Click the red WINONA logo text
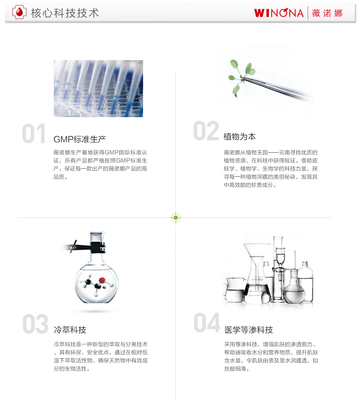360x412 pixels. point(279,13)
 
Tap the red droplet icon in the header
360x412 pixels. point(19,12)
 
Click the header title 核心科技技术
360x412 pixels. point(65,13)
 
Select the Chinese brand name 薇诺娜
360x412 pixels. point(327,13)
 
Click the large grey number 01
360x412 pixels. point(34,134)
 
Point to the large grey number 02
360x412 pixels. point(206,131)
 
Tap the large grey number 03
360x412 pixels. point(36,324)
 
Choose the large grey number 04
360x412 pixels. point(207,322)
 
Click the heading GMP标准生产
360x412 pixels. point(80,139)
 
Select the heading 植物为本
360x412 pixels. point(239,137)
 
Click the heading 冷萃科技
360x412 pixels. point(70,330)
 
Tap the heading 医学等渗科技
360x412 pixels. point(249,330)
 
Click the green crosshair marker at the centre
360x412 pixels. point(176,217)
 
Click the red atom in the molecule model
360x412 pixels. point(102,280)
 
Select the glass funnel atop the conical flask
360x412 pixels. point(257,257)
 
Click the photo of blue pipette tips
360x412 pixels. point(98,88)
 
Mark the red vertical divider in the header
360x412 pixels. point(308,13)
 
